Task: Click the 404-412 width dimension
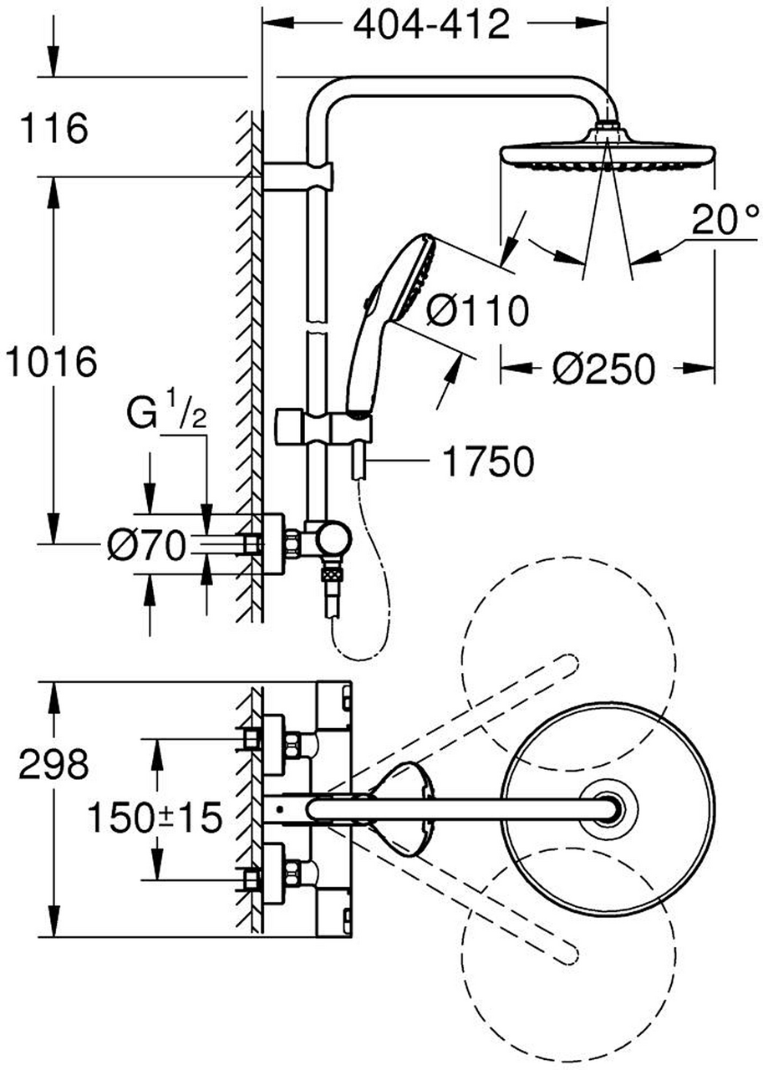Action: [x=431, y=25]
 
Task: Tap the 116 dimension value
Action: [x=53, y=128]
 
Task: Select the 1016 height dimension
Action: [x=51, y=361]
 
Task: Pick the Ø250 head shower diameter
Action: [x=603, y=369]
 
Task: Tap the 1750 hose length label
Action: [x=488, y=461]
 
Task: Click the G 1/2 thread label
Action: [x=166, y=412]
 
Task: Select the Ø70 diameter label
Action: [x=145, y=545]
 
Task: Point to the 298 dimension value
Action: [x=53, y=764]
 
